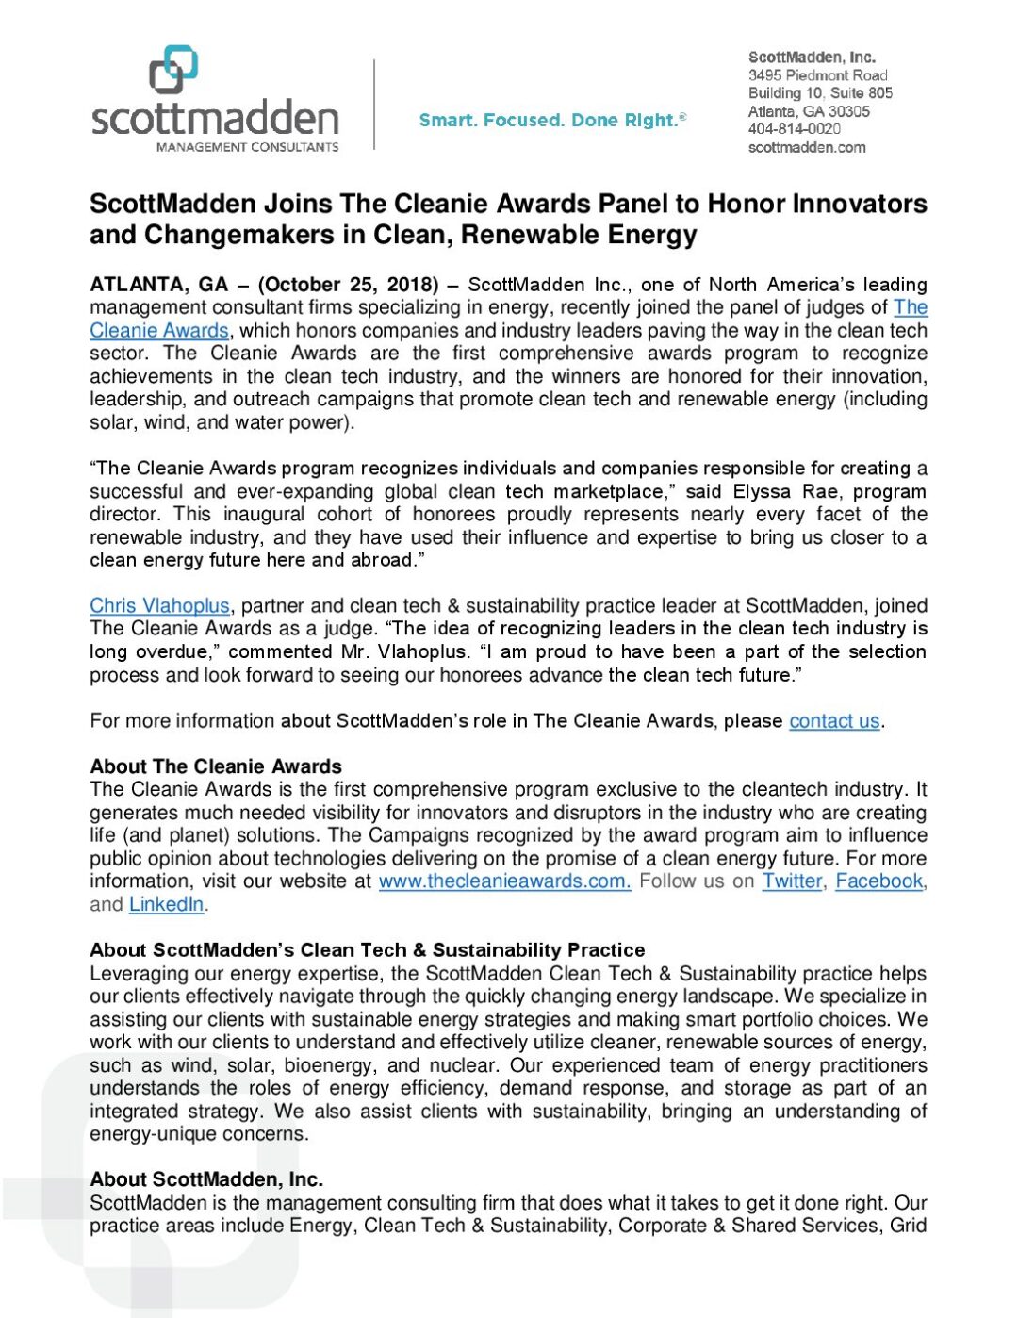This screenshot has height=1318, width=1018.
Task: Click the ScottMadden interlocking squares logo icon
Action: [x=173, y=71]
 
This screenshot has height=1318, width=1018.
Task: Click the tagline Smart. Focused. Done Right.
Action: [x=551, y=120]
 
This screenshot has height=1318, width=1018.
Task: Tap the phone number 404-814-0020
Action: [x=794, y=129]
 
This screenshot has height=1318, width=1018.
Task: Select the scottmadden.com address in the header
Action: [x=806, y=147]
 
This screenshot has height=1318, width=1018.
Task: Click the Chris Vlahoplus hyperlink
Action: [x=159, y=605]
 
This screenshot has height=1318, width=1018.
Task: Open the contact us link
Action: [x=834, y=721]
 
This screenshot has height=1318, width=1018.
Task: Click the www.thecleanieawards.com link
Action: [x=504, y=881]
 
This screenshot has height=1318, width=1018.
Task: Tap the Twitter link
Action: [x=792, y=881]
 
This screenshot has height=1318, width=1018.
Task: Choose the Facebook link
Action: [x=878, y=881]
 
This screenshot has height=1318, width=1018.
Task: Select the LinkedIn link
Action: [x=166, y=904]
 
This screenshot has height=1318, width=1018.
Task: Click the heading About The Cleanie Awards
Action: [x=216, y=766]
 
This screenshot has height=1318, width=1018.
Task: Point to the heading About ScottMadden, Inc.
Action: [x=206, y=1179]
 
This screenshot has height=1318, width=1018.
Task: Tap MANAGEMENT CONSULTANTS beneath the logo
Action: [x=247, y=147]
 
